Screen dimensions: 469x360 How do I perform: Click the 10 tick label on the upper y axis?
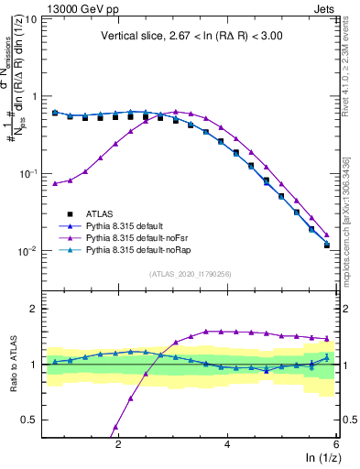pos(30,18)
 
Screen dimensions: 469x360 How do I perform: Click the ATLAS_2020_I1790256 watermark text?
pos(190,274)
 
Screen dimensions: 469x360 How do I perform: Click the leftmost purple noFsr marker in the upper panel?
pos(56,184)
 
